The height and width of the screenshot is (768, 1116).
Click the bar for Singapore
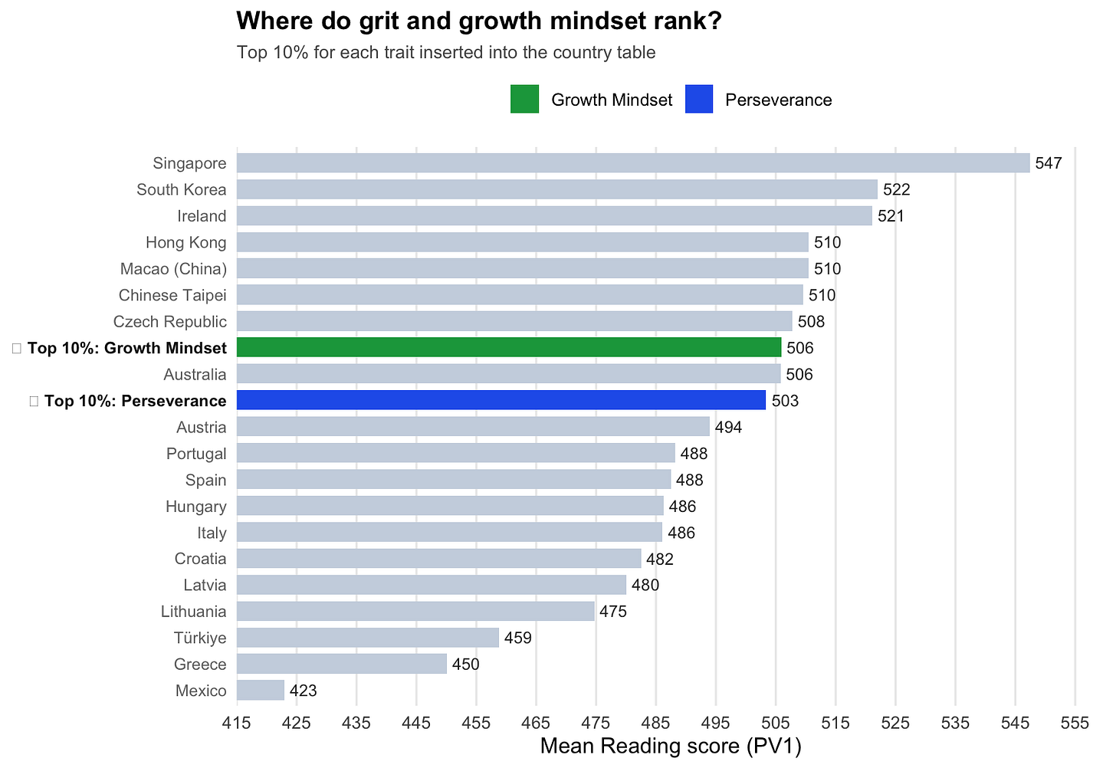pos(633,163)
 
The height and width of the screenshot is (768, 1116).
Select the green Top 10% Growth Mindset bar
pos(509,348)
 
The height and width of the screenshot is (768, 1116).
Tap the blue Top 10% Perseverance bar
pos(501,401)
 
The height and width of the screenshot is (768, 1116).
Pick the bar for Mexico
pos(261,691)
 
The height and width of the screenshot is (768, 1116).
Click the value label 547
pos(1049,163)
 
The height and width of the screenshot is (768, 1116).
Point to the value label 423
pos(303,691)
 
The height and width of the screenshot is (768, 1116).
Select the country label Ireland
pos(202,216)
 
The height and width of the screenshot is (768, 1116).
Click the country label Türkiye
pos(200,638)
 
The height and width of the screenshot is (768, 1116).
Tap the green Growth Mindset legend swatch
pos(525,100)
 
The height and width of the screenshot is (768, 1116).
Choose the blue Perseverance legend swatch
pos(699,100)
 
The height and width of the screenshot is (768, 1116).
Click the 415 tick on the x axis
pos(237,723)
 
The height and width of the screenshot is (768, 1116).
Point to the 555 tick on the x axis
pos(1075,723)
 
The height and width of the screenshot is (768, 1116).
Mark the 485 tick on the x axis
pos(656,723)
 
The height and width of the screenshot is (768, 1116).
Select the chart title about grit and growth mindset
pos(479,21)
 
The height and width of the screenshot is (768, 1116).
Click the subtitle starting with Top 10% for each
pos(446,53)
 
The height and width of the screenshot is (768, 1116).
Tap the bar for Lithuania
pos(415,612)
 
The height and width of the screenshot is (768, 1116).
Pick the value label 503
pos(785,401)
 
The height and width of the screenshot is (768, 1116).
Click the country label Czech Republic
pos(169,322)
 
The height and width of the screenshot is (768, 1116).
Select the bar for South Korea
pos(557,189)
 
